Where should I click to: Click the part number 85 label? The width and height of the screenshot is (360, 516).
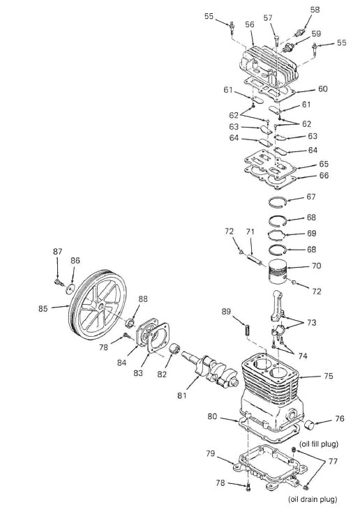point(43,309)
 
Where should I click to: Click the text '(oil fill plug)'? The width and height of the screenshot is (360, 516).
point(319,444)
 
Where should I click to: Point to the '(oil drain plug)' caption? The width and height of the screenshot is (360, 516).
point(313,499)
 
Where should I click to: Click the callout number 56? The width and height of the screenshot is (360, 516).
point(250,24)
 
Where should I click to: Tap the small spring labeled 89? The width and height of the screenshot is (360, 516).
point(246,330)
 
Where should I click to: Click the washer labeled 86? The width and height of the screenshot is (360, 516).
point(70,288)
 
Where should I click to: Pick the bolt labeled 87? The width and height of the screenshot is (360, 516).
point(59,282)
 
